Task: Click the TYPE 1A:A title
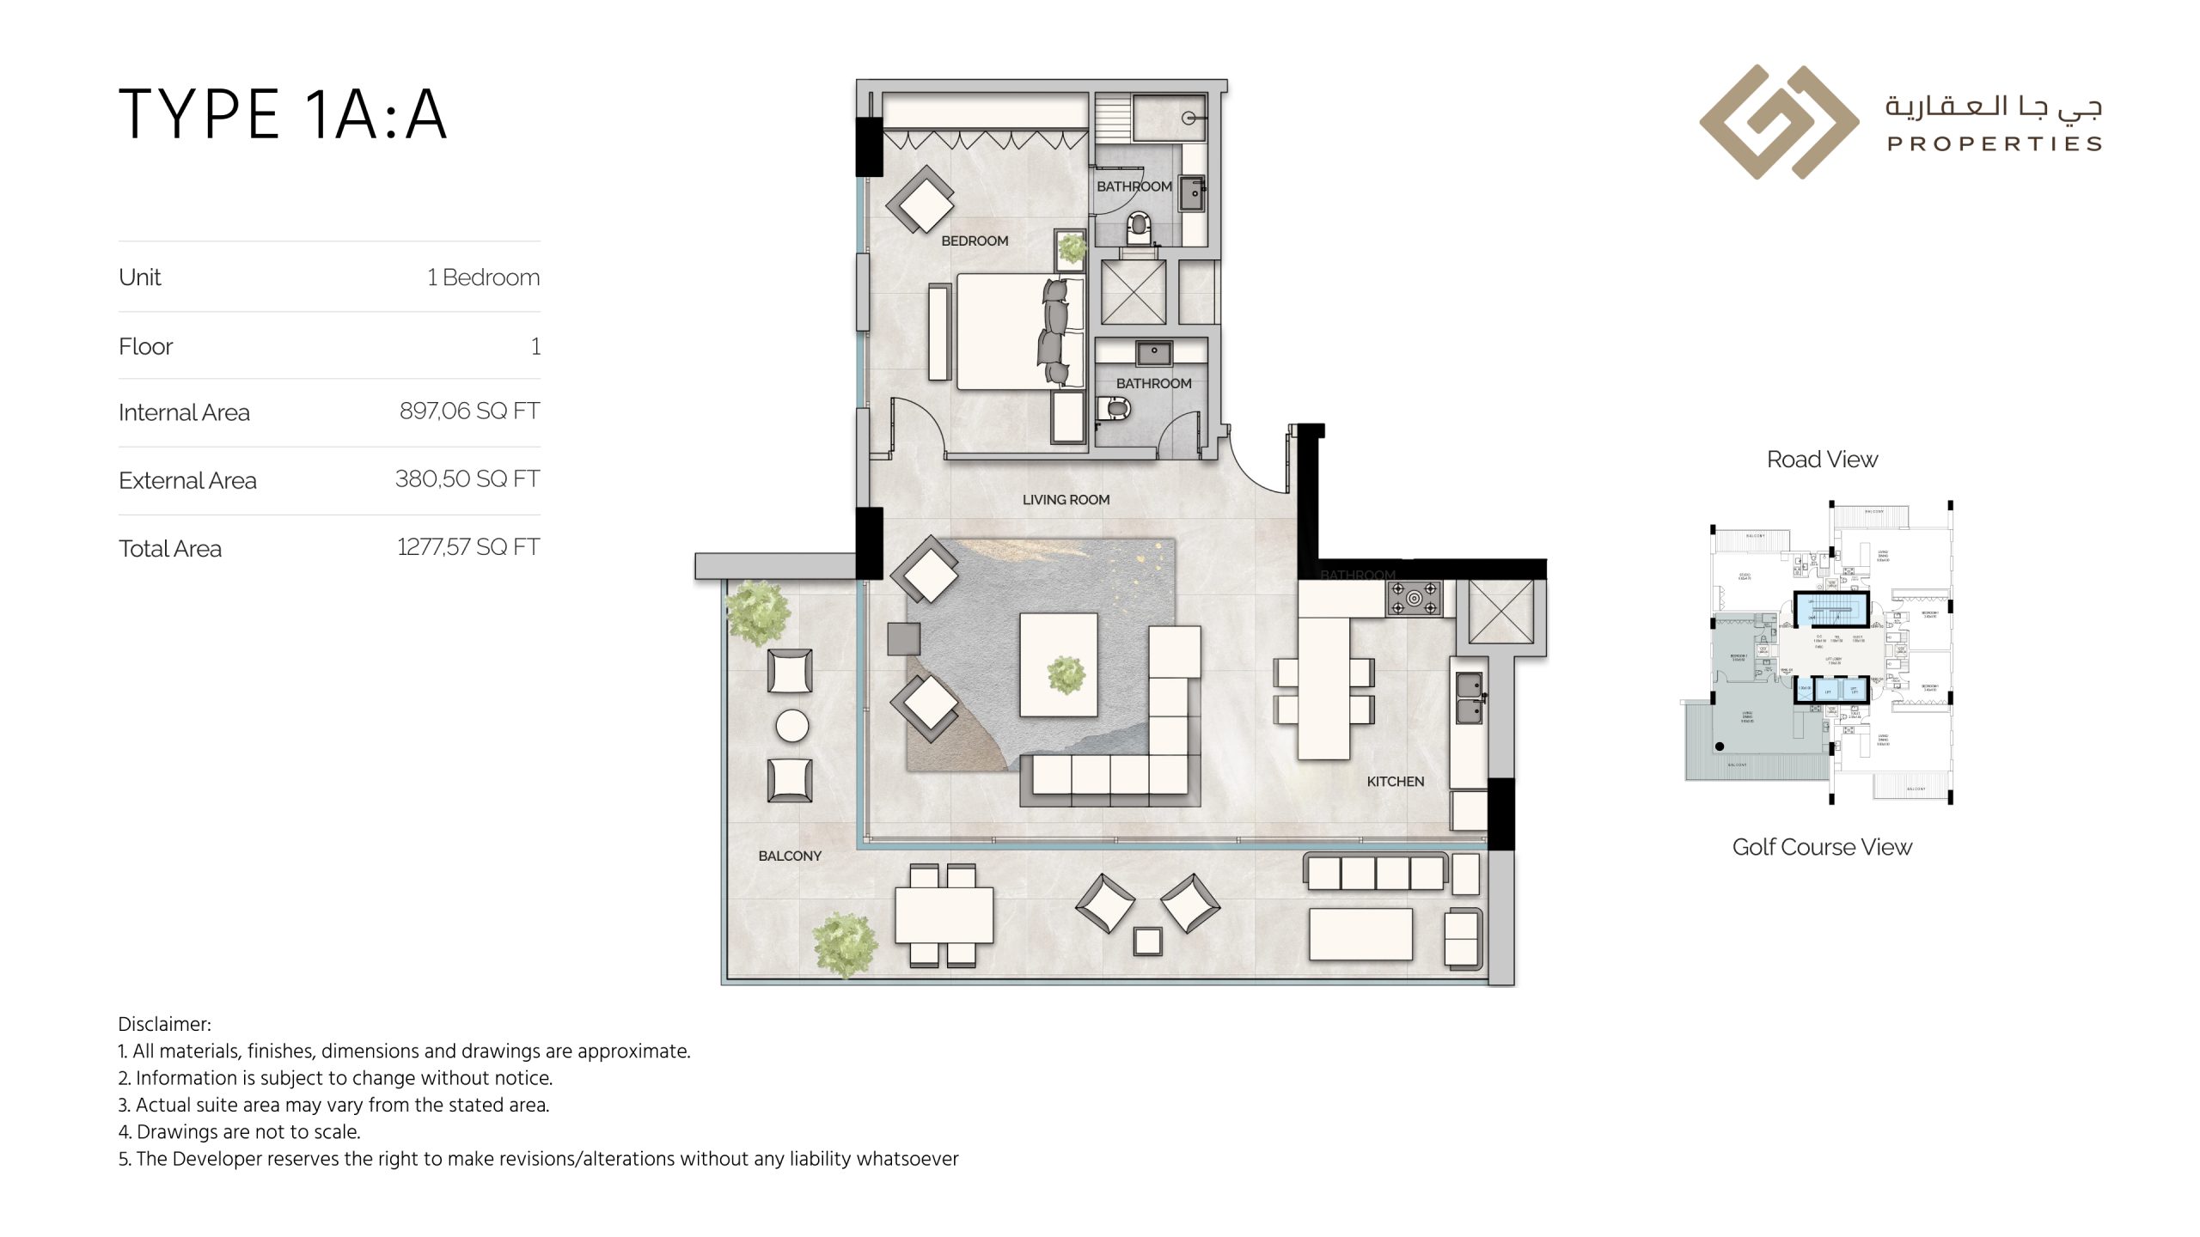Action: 283,114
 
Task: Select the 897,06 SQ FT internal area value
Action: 469,411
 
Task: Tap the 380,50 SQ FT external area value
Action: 467,479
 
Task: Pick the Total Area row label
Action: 170,549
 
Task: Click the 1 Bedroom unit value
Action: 483,277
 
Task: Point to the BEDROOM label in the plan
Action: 975,241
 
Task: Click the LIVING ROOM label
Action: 1066,500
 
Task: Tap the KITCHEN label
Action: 1395,782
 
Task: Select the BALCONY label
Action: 790,856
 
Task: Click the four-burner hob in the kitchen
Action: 1414,599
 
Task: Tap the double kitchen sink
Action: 1469,698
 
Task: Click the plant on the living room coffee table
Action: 1066,674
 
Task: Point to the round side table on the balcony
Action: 791,727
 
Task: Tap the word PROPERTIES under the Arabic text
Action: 1994,144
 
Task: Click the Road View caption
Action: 1822,460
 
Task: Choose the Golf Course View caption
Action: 1822,847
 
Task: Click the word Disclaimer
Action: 163,1025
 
